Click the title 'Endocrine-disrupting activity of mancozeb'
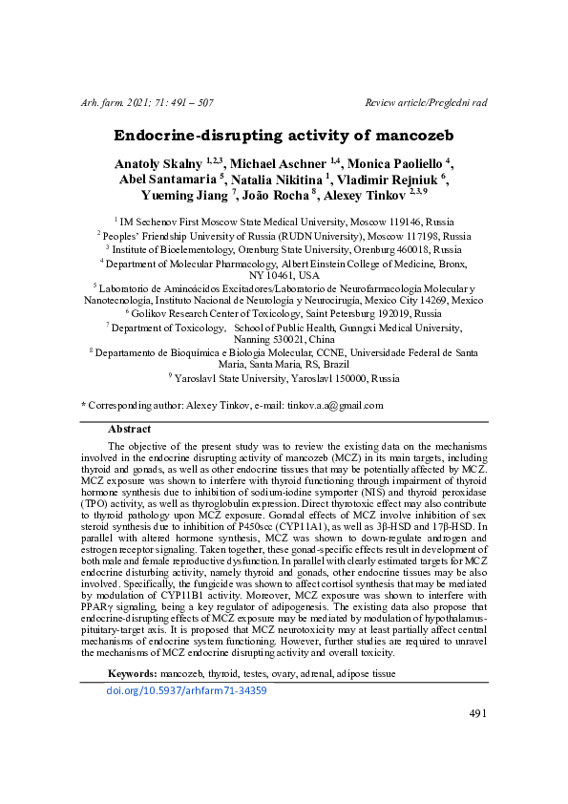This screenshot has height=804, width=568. tap(283, 136)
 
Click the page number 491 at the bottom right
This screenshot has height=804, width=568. tap(477, 740)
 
